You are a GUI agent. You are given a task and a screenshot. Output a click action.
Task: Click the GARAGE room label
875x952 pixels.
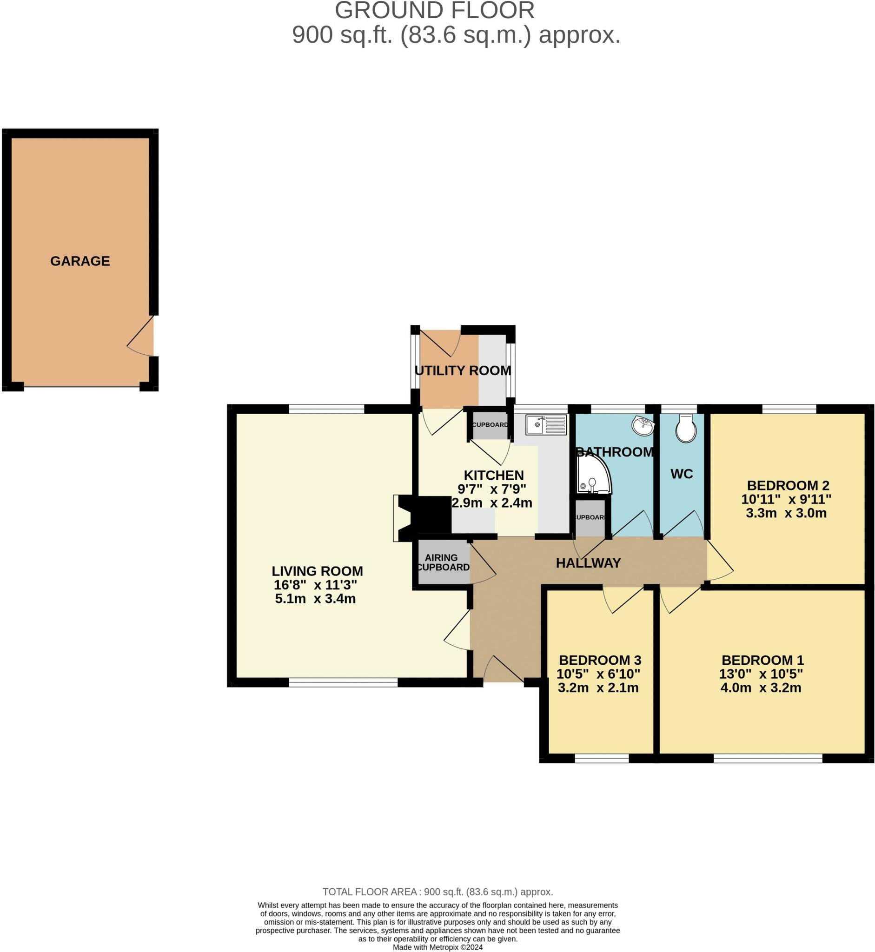point(80,261)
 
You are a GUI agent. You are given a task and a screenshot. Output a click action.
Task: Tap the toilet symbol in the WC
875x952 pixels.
point(686,429)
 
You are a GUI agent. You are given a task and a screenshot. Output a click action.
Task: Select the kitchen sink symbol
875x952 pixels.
point(546,425)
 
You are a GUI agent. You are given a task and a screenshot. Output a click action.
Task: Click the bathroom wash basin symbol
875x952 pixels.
point(643,426)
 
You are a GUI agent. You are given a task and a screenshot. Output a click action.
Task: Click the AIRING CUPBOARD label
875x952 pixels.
point(443,562)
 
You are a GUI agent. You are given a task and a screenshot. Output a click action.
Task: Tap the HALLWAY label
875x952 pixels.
point(588,563)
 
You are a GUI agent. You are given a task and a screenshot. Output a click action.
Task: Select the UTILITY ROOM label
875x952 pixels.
point(463,370)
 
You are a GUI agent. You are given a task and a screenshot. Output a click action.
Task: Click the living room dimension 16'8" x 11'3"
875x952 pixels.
point(315,585)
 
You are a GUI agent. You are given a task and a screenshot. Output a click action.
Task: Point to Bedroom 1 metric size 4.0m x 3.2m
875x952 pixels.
point(761,688)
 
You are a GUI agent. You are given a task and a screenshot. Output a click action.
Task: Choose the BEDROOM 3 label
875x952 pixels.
point(600,660)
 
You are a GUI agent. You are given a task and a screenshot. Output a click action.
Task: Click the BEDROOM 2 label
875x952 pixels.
point(789,485)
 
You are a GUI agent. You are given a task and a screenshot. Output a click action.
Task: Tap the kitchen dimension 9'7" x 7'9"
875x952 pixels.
point(492,489)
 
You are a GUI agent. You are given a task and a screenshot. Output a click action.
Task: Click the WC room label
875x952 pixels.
point(682,474)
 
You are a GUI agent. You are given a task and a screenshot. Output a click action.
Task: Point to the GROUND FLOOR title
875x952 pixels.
point(435,10)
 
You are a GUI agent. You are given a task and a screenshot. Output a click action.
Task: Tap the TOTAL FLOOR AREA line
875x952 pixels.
point(438,892)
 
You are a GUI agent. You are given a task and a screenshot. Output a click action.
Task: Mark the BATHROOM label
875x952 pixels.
point(615,452)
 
